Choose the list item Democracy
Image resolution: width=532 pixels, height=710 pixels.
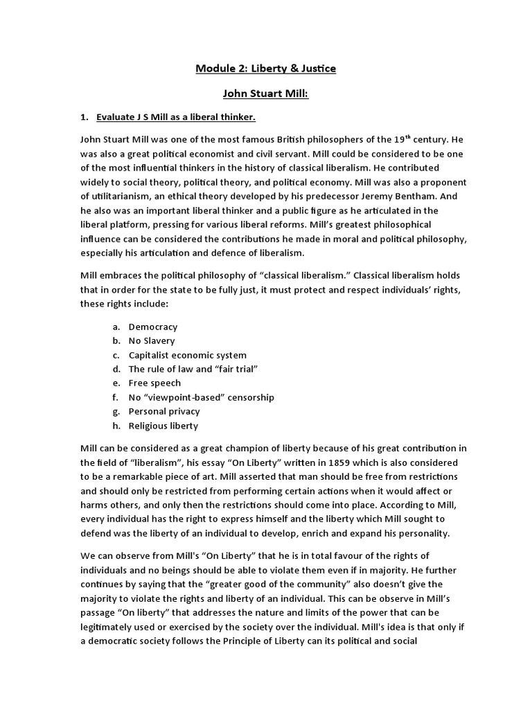153,327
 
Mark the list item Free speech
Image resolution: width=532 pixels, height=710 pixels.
154,383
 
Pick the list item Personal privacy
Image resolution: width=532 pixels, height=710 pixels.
164,411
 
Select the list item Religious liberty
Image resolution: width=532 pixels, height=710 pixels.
163,426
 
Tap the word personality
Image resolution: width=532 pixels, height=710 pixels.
421,533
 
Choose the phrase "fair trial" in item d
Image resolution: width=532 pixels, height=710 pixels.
238,369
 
